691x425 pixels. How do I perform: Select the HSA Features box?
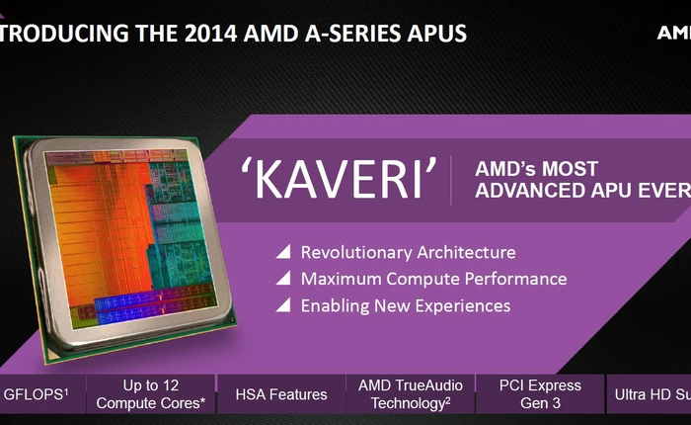[x=280, y=394]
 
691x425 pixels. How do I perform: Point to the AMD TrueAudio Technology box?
[x=409, y=394]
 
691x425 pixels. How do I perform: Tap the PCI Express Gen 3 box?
[x=540, y=394]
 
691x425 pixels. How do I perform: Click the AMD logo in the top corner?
[x=673, y=32]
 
